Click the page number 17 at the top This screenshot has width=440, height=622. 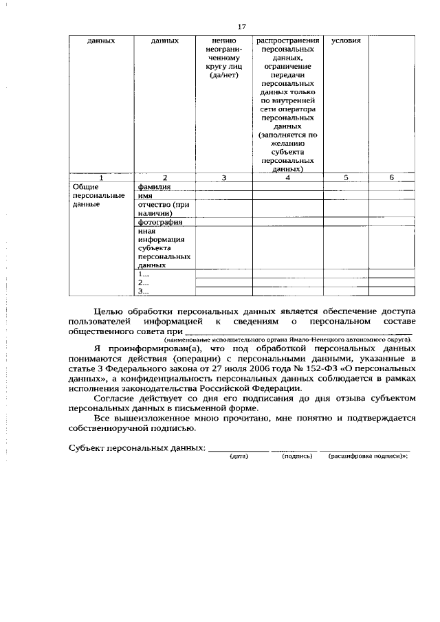(241, 26)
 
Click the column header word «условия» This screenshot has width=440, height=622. (345, 41)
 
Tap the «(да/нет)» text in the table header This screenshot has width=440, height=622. (224, 75)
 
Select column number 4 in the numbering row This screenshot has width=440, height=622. (287, 177)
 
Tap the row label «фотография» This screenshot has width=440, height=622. (159, 222)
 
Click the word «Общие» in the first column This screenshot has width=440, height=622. (86, 186)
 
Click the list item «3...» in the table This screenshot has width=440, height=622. (144, 291)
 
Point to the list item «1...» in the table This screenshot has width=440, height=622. (144, 273)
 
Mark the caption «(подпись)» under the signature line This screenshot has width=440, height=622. (296, 456)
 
